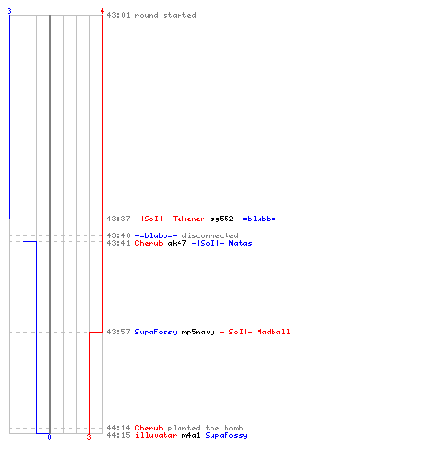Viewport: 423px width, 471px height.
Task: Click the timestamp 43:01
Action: (x=118, y=15)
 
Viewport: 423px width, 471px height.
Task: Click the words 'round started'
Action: (x=165, y=15)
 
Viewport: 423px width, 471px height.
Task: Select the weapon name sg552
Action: (x=222, y=219)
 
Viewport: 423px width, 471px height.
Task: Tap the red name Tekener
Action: (x=189, y=219)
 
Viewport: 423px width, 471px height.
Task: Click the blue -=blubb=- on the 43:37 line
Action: (x=259, y=219)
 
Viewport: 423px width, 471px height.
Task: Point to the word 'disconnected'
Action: (x=210, y=235)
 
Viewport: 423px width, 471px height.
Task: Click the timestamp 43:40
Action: (x=118, y=235)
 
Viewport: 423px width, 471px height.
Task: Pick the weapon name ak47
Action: (x=178, y=243)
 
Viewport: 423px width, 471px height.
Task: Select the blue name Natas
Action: (x=241, y=243)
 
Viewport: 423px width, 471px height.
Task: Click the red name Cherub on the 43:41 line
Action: (x=149, y=243)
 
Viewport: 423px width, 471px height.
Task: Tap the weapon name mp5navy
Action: (x=198, y=332)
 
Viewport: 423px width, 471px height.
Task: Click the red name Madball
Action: (x=274, y=332)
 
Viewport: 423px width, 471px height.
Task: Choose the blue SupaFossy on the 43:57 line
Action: (x=156, y=332)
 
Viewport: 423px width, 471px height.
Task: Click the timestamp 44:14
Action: (x=118, y=428)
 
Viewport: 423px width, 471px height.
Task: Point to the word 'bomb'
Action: (x=233, y=428)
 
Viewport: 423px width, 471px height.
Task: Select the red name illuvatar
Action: (x=156, y=435)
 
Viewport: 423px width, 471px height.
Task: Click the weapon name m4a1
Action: (x=191, y=435)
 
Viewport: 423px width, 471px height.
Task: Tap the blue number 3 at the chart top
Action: (x=9, y=11)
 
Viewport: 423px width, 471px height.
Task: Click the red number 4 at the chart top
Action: (x=102, y=11)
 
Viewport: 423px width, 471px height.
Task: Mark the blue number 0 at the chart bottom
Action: (x=49, y=437)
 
